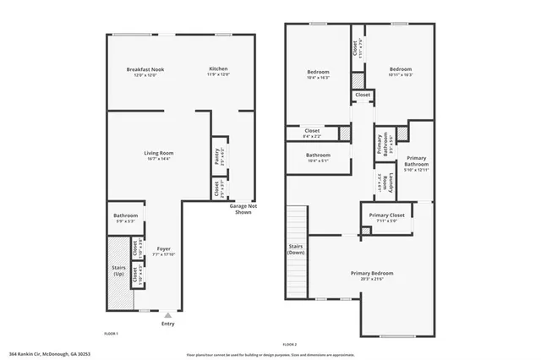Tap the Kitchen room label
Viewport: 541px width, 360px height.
(x=218, y=69)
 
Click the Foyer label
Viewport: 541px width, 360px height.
(x=164, y=248)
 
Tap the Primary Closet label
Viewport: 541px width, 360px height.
(x=386, y=215)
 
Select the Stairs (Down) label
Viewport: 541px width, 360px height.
(x=296, y=249)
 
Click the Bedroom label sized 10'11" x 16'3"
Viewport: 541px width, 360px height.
(x=400, y=69)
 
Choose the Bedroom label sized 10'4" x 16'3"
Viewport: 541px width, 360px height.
(x=318, y=73)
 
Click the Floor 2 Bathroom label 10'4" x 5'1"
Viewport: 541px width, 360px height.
(x=318, y=155)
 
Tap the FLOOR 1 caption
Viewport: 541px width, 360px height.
(x=111, y=334)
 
